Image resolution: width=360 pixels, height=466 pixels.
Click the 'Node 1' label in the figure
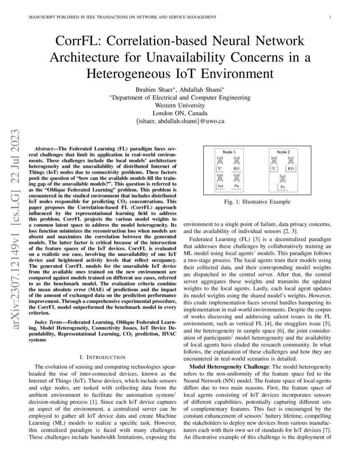pyautogui.click(x=229, y=152)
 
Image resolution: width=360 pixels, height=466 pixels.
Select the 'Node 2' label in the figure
pyautogui.click(x=283, y=152)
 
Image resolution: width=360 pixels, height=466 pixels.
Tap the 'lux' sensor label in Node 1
pyautogui.click(x=220, y=186)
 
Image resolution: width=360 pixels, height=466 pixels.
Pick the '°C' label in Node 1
pyautogui.click(x=220, y=169)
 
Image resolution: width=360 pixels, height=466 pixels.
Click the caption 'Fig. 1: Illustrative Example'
pyautogui.click(x=258, y=202)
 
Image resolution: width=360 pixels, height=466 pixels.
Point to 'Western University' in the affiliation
pyautogui.click(x=180, y=105)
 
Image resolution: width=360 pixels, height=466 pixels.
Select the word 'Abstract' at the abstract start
pyautogui.click(x=44, y=150)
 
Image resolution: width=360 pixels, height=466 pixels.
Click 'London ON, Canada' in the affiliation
pyautogui.click(x=180, y=113)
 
